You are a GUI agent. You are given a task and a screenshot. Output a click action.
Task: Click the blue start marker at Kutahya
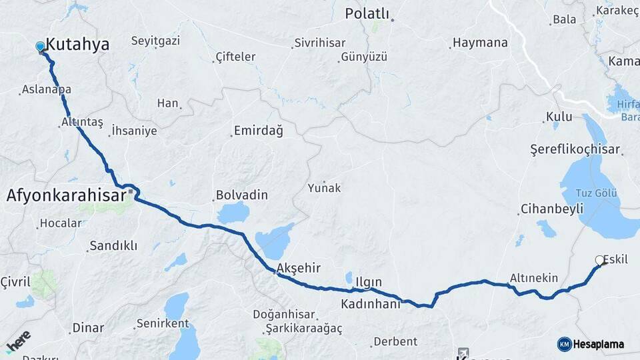pyautogui.click(x=40, y=47)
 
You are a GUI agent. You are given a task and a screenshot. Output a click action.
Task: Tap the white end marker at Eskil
pyautogui.click(x=599, y=261)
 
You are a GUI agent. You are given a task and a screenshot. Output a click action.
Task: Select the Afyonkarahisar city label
pyautogui.click(x=66, y=196)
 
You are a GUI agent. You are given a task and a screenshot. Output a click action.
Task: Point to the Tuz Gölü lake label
pyautogui.click(x=596, y=193)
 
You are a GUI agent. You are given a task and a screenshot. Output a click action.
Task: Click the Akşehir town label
pyautogui.click(x=298, y=268)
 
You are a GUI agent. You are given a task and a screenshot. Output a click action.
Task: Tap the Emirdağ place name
pyautogui.click(x=258, y=131)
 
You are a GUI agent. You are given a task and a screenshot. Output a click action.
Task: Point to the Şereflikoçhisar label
pyautogui.click(x=575, y=149)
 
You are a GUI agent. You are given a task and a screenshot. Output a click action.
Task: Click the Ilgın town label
pyautogui.click(x=368, y=282)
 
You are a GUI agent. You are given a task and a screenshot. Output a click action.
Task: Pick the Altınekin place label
pyautogui.click(x=533, y=277)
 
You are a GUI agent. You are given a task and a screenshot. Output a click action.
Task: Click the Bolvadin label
pyautogui.click(x=241, y=195)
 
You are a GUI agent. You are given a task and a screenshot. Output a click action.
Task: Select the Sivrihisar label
pyautogui.click(x=320, y=43)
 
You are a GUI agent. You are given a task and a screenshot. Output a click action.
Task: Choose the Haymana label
pyautogui.click(x=479, y=43)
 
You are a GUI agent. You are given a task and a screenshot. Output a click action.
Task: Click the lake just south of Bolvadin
pyautogui.click(x=233, y=213)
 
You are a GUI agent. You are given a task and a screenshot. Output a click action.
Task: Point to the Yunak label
pyautogui.click(x=324, y=188)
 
